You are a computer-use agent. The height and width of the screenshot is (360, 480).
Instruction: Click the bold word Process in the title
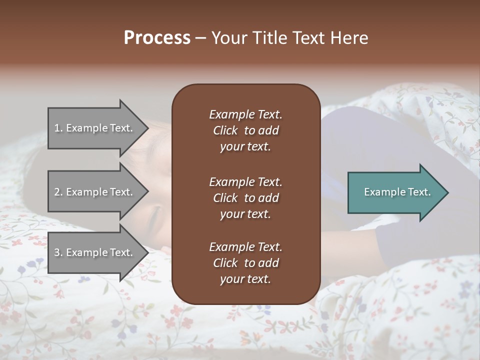point(157,38)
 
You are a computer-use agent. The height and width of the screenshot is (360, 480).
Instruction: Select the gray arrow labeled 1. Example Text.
point(95,128)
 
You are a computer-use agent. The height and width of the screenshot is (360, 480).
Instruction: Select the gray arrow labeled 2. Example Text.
point(95,192)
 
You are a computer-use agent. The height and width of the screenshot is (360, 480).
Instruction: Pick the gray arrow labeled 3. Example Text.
point(95,252)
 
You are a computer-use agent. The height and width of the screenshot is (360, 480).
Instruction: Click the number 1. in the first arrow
point(58,128)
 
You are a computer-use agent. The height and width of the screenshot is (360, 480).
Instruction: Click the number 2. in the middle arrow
point(58,192)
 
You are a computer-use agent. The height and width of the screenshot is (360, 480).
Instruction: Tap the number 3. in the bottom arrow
point(58,252)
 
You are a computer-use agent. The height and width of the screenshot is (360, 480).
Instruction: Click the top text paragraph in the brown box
point(245,130)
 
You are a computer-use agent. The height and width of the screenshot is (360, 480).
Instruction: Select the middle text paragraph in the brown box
point(245,197)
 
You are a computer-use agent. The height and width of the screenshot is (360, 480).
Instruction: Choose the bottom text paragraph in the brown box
point(245,263)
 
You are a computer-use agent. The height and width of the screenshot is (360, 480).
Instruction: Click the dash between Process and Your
point(200,38)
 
